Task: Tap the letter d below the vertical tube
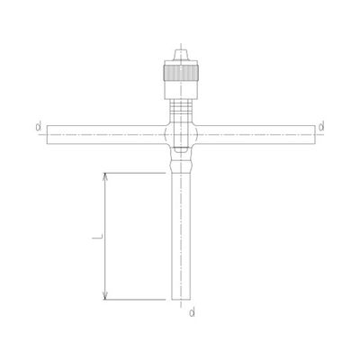(x=190, y=312)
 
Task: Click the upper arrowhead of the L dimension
(x=106, y=175)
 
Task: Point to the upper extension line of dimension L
(x=135, y=171)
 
